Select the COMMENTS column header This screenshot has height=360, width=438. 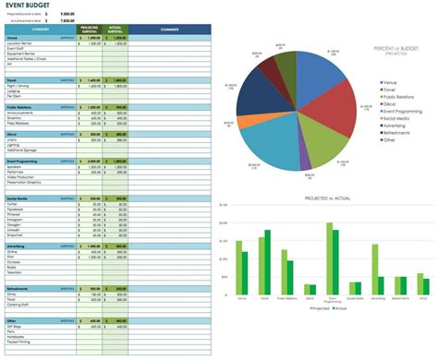tap(170, 30)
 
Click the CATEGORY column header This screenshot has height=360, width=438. tap(40, 30)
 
